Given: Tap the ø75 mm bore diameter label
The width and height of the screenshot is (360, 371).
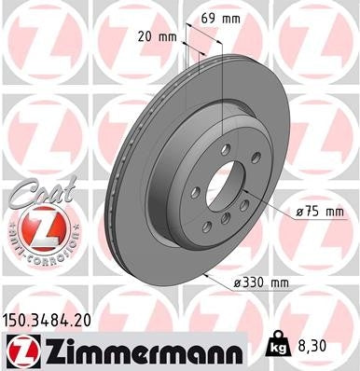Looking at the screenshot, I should [x=321, y=213].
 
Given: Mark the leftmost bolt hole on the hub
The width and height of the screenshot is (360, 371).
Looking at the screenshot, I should [x=195, y=193].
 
